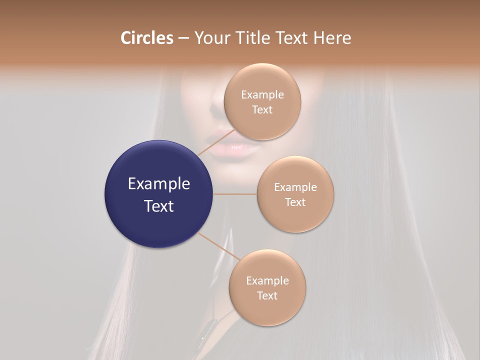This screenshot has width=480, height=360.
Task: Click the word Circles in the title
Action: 147,38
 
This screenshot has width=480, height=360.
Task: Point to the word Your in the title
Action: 211,38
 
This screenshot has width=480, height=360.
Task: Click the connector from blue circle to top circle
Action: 214,142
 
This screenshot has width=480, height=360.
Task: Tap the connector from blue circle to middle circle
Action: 234,194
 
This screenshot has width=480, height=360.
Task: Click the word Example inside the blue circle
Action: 159,184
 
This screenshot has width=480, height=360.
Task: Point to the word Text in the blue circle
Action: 159,206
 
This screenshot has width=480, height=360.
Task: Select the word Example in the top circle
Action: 262,94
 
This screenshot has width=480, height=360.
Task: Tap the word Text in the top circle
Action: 262,109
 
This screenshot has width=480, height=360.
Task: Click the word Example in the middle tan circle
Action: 295,187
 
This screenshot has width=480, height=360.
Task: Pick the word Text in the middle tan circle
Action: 295,202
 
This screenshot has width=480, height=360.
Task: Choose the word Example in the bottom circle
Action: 267,280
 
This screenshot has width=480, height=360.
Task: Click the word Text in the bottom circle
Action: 267,295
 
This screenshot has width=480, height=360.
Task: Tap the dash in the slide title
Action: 183,38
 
